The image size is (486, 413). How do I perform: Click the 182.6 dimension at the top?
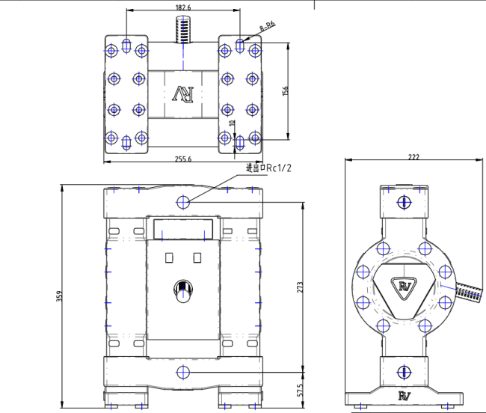(183, 7)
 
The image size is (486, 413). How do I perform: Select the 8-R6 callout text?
(267, 26)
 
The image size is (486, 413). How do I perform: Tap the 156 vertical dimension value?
(284, 91)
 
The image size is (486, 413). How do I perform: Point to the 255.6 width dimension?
(183, 159)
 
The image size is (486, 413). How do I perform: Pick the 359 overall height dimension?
(59, 296)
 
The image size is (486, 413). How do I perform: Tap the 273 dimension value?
(298, 287)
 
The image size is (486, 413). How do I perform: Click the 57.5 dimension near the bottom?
(300, 390)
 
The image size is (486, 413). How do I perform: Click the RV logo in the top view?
(183, 94)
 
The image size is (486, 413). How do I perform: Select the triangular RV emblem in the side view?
(405, 287)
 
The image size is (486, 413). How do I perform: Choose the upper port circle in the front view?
(184, 201)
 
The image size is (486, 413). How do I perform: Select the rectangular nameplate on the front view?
(183, 227)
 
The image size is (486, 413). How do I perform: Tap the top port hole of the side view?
(404, 202)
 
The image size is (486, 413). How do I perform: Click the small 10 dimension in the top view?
(232, 123)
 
